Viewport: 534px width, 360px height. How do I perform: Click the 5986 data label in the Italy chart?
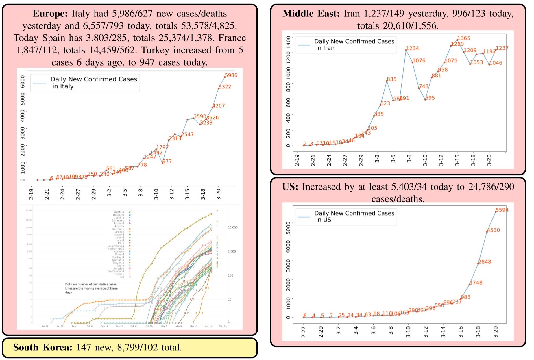(x=231, y=75)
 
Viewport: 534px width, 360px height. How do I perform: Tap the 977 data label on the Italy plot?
(x=167, y=161)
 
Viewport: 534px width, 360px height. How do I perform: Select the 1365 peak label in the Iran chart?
(x=464, y=38)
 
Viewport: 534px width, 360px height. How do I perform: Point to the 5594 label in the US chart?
(x=502, y=210)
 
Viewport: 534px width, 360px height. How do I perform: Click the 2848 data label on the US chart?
(x=485, y=262)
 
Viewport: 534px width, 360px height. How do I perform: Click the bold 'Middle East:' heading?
(x=311, y=14)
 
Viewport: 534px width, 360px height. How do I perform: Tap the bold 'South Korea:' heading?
(x=43, y=347)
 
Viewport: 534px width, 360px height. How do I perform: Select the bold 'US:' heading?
(x=290, y=187)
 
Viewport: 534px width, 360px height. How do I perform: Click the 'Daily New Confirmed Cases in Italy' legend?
(x=85, y=83)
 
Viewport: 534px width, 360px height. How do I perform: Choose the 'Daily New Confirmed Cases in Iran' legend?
(x=346, y=44)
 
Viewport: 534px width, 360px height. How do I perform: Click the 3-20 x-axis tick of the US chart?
(x=496, y=332)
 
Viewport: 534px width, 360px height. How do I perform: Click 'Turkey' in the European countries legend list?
(x=119, y=274)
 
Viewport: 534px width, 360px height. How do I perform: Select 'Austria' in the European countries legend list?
(x=119, y=212)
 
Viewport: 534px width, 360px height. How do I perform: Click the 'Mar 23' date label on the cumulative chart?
(x=223, y=326)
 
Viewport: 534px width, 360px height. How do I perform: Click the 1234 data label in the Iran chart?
(x=413, y=48)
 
